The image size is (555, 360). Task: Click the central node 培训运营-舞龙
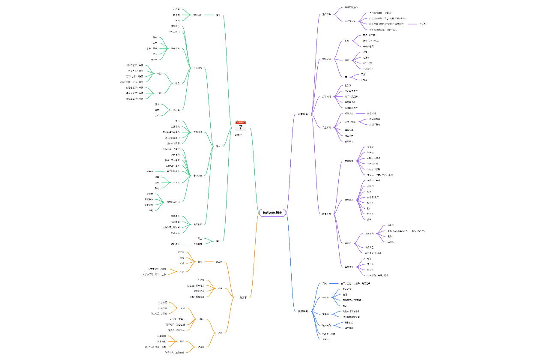click(272, 213)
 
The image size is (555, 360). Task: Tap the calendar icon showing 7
click(240, 126)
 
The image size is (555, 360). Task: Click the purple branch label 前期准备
click(303, 114)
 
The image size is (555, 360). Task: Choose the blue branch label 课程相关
click(303, 311)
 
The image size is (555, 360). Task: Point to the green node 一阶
click(159, 74)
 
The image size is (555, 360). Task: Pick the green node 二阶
click(159, 93)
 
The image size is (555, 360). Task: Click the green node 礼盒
click(177, 83)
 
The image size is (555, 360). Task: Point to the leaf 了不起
click(422, 24)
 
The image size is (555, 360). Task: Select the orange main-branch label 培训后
click(243, 297)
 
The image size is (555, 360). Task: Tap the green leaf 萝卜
click(157, 104)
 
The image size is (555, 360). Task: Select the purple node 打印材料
click(327, 96)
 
